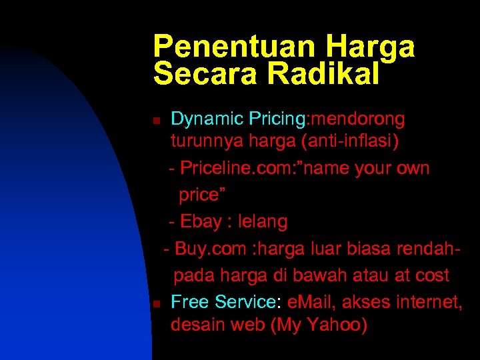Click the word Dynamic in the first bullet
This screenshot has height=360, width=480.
tap(207, 119)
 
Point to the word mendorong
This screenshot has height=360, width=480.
tap(357, 119)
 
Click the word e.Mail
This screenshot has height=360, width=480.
tap(312, 302)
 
